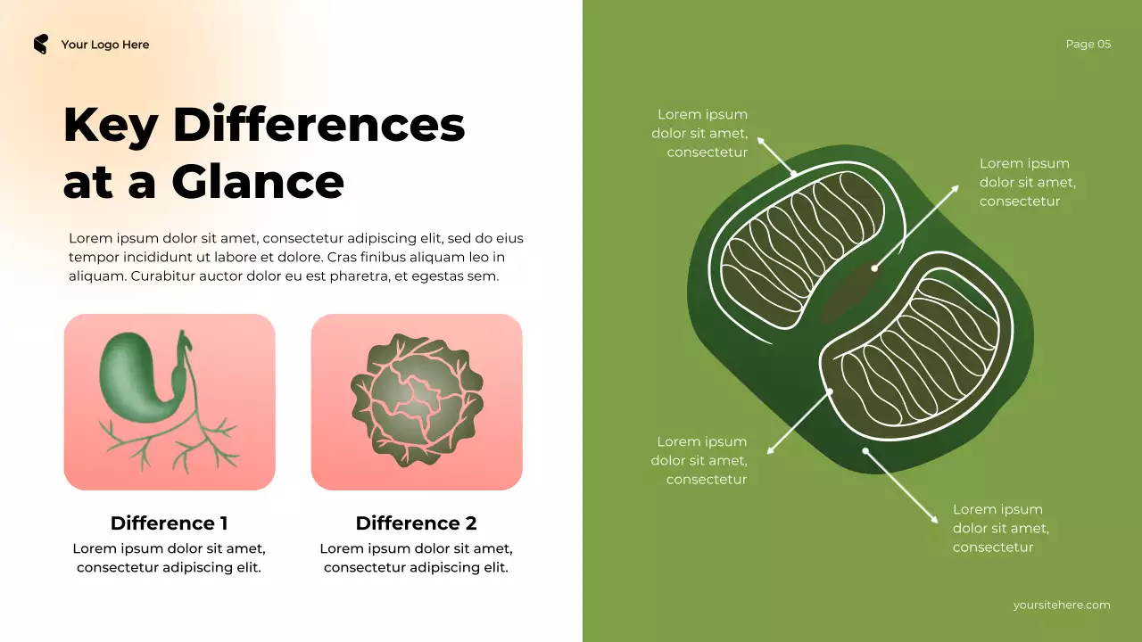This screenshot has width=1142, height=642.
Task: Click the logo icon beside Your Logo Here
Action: (40, 45)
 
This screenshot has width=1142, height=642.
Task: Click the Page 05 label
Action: (1088, 45)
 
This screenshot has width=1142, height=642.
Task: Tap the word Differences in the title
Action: (319, 125)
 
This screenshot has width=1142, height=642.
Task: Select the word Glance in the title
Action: (258, 182)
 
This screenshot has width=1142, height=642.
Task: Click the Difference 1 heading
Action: (169, 523)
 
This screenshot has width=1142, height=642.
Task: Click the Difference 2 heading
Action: (416, 523)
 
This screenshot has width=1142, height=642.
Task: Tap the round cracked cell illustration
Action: (417, 401)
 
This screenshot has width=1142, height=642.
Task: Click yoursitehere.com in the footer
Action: (1062, 605)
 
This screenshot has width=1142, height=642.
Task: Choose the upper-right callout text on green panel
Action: (1027, 182)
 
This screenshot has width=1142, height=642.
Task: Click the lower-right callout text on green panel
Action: (1000, 528)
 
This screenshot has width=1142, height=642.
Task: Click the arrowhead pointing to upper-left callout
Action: (760, 140)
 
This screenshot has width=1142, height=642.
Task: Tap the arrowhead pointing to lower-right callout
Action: (934, 520)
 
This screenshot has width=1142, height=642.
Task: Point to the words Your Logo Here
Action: (105, 45)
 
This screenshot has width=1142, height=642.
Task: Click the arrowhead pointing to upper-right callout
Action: (956, 188)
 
